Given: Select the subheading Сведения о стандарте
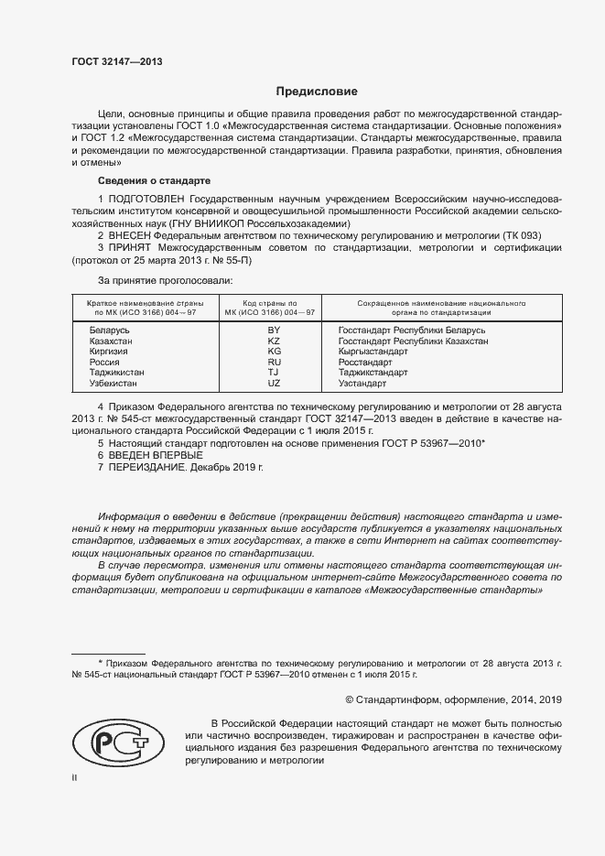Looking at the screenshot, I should coord(154,180).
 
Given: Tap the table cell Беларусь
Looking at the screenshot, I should coord(110,330).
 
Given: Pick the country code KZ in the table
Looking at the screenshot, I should coord(273,341).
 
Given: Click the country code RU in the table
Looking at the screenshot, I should coord(273,363).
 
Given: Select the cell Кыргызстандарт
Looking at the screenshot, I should coord(373,352).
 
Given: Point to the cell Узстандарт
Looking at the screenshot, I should coord(363,384).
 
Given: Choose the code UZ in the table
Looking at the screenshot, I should coord(273,384).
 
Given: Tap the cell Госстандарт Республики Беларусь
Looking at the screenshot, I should coord(411,330).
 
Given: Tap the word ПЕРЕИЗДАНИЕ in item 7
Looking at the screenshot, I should coord(147,467).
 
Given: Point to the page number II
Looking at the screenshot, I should coord(75,777).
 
